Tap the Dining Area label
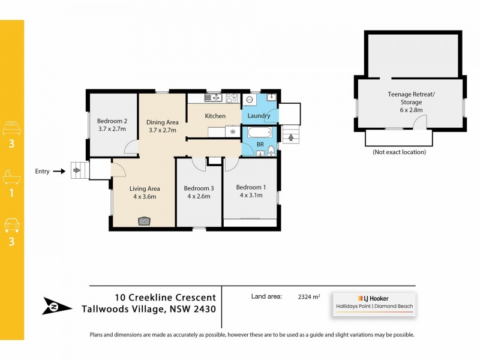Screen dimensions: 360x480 (163, 122)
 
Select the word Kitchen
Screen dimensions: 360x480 (215, 116)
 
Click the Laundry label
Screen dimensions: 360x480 (259, 116)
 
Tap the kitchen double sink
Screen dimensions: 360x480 (213, 98)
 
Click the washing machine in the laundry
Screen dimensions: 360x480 (250, 99)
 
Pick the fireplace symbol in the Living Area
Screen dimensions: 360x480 (144, 221)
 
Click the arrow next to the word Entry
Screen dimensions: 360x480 (58, 172)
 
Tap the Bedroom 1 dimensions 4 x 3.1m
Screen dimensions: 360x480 (251, 195)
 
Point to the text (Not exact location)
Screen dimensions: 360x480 (399, 152)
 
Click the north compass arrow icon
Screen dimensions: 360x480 (57, 306)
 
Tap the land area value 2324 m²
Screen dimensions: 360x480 (309, 296)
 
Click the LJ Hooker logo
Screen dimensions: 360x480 (373, 298)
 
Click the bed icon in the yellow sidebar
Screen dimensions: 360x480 (12, 128)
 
